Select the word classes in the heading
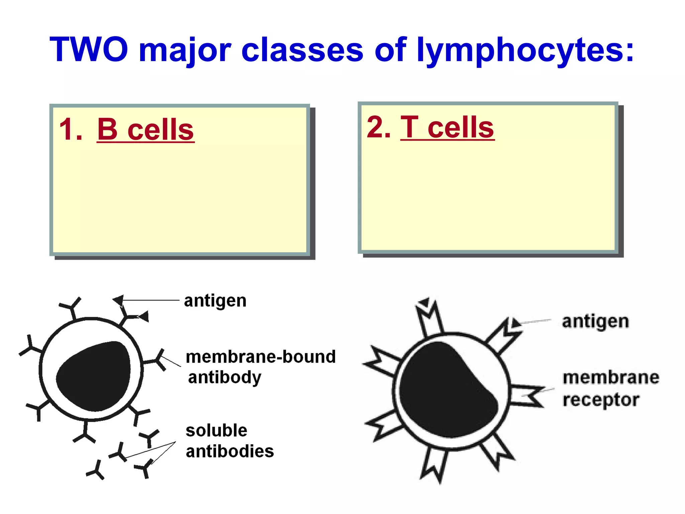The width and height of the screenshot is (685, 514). click(302, 50)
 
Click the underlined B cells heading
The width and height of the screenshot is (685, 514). click(145, 130)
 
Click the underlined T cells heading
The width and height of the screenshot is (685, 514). click(447, 127)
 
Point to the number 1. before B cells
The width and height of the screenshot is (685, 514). click(71, 130)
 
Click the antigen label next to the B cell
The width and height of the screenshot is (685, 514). click(215, 301)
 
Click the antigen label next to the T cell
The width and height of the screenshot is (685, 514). click(595, 321)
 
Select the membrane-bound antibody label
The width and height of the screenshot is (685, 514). click(260, 367)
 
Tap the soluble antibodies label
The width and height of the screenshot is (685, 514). click(229, 441)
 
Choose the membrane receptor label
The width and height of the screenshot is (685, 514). click(611, 388)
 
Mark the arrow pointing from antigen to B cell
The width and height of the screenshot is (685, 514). click(151, 300)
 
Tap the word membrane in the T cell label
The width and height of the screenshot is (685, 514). click(611, 377)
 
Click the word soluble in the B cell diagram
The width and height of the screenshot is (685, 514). click(216, 431)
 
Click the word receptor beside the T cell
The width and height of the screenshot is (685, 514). click(601, 400)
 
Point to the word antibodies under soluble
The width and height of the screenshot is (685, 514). click(230, 451)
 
